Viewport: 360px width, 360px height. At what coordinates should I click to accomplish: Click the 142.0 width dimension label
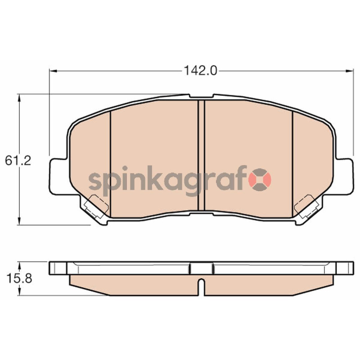pos(200,71)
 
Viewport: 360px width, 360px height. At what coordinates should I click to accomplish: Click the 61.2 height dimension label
pos(18,161)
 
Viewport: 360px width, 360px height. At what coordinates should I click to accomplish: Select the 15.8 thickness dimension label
pos(19,279)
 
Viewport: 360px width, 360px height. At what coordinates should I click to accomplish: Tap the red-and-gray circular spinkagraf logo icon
pos(261,179)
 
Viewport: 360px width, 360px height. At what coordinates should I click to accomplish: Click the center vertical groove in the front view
pos(201,155)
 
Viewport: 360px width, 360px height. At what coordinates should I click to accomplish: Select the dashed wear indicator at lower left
pos(96,206)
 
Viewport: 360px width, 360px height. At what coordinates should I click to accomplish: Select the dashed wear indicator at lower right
pos(306,206)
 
